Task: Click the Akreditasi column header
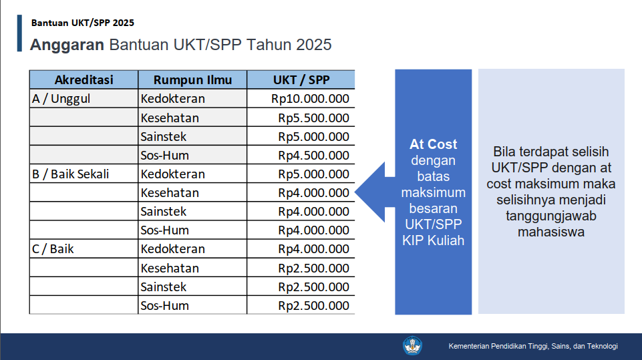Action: coord(84,80)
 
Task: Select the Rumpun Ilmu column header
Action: coord(192,80)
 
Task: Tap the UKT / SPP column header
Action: coord(301,80)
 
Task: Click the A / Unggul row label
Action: coord(61,99)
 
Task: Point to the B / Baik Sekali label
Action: coord(70,174)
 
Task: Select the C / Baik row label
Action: coord(53,249)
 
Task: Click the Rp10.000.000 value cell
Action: coord(310,99)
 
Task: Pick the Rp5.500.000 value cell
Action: coord(313,118)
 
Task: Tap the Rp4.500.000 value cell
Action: coord(313,156)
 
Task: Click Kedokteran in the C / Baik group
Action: coord(173,249)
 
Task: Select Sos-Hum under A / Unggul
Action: coord(164,156)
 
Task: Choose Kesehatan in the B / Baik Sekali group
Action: coord(170,193)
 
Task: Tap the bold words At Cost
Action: coord(433,144)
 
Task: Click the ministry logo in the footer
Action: coord(412,346)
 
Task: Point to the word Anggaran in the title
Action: coord(67,45)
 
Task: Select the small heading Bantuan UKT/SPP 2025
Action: coord(83,23)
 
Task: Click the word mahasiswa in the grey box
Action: coord(551,232)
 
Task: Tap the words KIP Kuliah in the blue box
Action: coord(433,240)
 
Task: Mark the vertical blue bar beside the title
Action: coord(19,33)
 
